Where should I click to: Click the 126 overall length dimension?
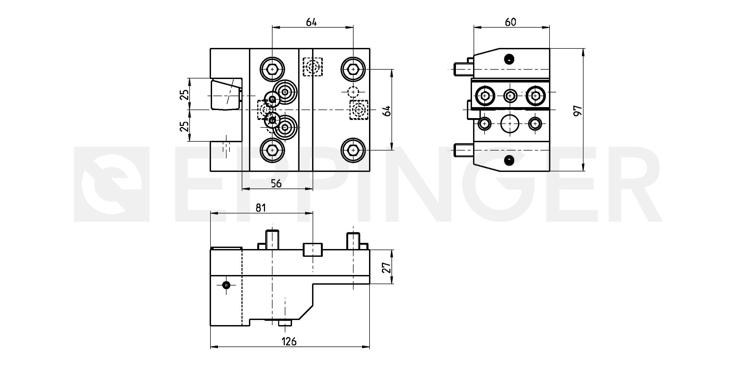pos(289,341)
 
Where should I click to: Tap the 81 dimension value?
pos(261,208)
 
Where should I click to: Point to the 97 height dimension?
pos(578,110)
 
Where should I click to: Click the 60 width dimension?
pos(510,22)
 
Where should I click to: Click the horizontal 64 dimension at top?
pos(312,22)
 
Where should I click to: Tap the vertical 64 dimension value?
pos(387,111)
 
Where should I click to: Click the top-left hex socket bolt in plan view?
pos(272,69)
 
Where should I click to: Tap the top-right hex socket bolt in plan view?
pos(353,69)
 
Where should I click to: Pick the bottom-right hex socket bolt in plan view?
pos(353,150)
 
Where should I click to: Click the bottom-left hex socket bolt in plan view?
pos(272,150)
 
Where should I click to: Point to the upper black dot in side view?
pos(509,59)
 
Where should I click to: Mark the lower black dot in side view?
pos(509,160)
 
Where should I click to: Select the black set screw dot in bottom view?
pos(226,285)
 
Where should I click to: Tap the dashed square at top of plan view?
pos(313,67)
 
